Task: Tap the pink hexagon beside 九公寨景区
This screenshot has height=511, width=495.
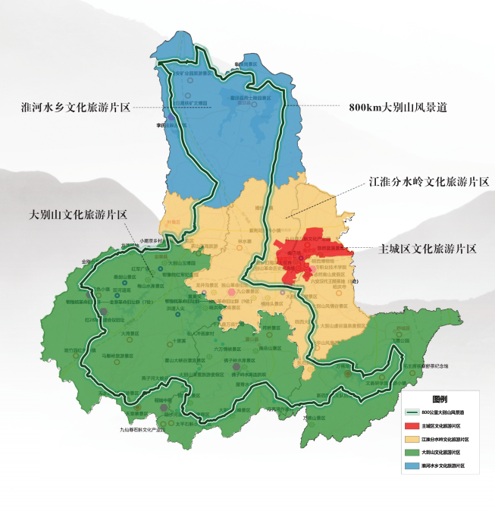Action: coord(231,291)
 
